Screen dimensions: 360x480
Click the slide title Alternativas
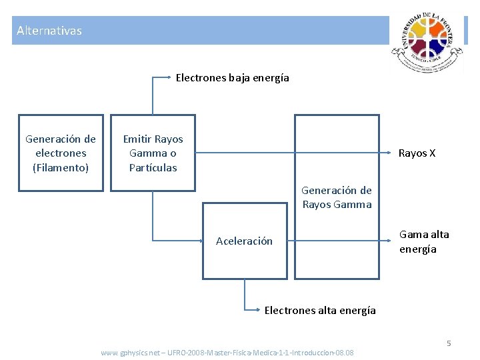click(49, 31)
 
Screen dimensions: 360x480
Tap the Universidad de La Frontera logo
click(427, 43)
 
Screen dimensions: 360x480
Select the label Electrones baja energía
click(233, 78)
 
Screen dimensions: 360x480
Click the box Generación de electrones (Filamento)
click(61, 153)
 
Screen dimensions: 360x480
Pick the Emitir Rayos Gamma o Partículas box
click(153, 153)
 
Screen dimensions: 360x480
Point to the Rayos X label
click(417, 153)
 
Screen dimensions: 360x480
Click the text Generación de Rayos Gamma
click(337, 197)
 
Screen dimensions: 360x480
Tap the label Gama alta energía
click(424, 241)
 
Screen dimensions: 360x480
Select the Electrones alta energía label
click(320, 310)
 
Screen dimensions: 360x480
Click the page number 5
click(449, 343)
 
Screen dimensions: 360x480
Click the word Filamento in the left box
click(61, 167)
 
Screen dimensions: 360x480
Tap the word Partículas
click(153, 167)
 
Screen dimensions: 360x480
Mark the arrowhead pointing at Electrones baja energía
click(170, 77)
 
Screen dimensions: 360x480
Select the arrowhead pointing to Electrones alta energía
click(258, 309)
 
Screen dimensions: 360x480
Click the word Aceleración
click(244, 241)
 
